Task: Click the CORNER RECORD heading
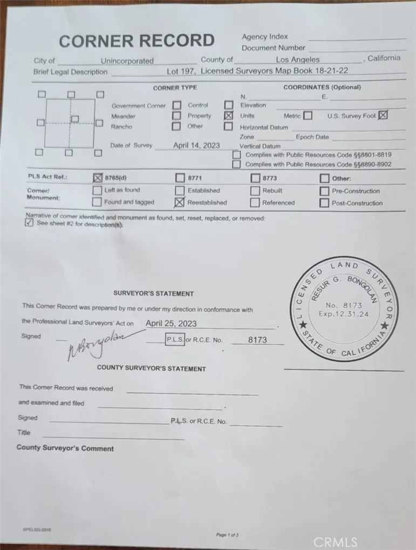137,41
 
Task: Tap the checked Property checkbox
228,116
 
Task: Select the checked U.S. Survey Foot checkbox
383,115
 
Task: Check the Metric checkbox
308,116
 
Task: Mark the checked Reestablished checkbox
180,203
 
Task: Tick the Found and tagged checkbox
97,202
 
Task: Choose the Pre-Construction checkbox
324,191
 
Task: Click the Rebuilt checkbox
255,191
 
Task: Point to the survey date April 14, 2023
196,145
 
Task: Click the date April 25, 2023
172,324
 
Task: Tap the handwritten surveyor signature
97,343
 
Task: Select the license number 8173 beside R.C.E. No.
257,340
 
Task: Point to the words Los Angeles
298,60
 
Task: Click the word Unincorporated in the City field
127,61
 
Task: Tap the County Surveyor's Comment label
65,448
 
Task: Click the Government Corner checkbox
176,105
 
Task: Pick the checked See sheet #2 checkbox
29,224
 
